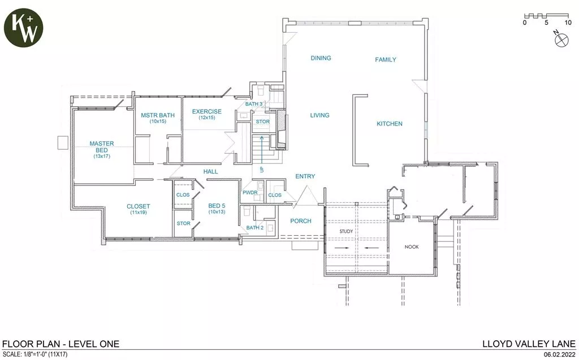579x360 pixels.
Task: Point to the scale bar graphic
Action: (546, 16)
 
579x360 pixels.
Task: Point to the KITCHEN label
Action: (390, 124)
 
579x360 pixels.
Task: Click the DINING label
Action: (321, 58)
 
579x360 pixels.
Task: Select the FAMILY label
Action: (386, 59)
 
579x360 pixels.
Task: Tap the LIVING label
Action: (319, 115)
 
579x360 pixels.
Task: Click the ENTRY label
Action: (305, 177)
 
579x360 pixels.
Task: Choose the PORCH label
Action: (301, 221)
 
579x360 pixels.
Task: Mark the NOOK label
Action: (412, 247)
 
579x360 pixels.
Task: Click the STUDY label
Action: (346, 232)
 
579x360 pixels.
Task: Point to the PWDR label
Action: (250, 193)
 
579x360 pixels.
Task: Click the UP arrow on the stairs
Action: (262, 153)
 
